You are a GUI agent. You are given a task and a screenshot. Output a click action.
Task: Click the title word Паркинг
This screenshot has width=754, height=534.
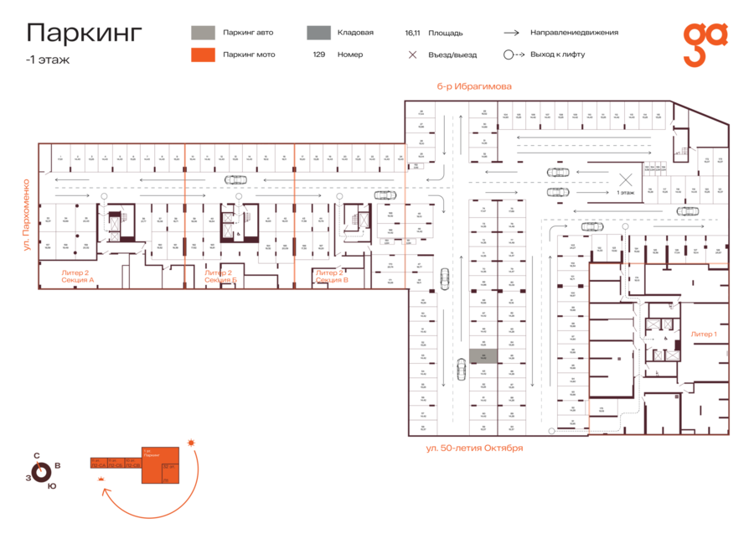click(85, 33)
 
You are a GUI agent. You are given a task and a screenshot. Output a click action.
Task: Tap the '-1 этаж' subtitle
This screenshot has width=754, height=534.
click(48, 60)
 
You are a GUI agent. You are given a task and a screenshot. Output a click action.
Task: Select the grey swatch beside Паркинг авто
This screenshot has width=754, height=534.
click(202, 33)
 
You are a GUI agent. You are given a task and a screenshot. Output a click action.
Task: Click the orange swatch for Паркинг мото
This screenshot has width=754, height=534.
click(202, 54)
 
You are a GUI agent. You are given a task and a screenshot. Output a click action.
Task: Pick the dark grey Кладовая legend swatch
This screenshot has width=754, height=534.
click(318, 33)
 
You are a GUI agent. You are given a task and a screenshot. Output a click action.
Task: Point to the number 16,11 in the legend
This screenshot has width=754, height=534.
click(411, 33)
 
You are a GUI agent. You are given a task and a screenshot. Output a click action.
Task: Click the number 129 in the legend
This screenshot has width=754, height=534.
click(318, 54)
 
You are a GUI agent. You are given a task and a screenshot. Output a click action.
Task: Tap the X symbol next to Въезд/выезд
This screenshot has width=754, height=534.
click(412, 54)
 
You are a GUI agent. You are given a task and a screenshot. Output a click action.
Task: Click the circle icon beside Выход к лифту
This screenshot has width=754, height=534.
click(509, 54)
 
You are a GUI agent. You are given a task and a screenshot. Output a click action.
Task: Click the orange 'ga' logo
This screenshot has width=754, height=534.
click(705, 44)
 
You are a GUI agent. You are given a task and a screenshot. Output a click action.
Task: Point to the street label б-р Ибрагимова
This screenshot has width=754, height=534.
click(473, 86)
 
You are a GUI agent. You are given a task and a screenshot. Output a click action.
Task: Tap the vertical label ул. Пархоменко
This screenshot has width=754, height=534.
click(28, 215)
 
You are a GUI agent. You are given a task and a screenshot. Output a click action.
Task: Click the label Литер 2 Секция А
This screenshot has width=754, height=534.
click(78, 276)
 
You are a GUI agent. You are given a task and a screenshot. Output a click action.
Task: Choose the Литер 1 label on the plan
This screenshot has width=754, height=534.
click(703, 334)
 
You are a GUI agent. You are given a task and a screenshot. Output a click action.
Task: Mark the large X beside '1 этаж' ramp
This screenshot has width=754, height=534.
click(625, 179)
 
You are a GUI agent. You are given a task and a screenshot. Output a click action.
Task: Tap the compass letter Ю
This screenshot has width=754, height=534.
click(52, 486)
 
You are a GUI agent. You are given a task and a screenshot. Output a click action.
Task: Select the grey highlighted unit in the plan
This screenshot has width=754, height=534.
click(483, 356)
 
